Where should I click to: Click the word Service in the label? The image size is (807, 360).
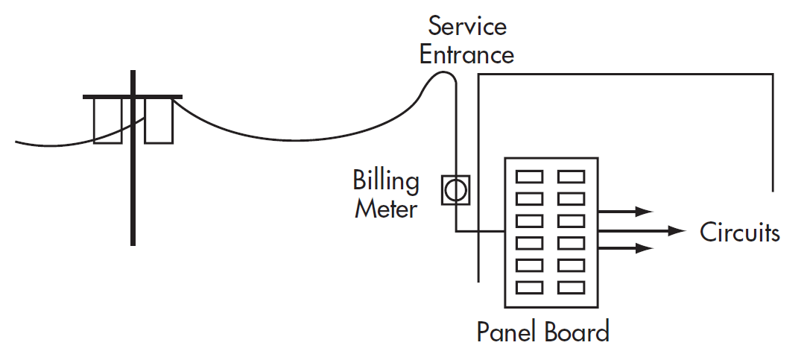[x=467, y=27]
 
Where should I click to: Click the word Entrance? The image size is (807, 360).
[x=466, y=54]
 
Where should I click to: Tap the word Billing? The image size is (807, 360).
[x=386, y=181]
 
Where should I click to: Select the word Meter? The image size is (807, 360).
[x=385, y=209]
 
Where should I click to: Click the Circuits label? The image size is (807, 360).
[x=739, y=233]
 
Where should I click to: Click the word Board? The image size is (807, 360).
[x=576, y=331]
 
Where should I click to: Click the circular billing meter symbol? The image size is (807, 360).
[x=454, y=190]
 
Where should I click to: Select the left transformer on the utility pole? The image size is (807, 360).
[x=107, y=121]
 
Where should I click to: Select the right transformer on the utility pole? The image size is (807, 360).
[x=159, y=121]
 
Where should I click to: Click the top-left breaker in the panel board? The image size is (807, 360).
[x=530, y=177]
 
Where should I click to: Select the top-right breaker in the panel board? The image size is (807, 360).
[x=572, y=177]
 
